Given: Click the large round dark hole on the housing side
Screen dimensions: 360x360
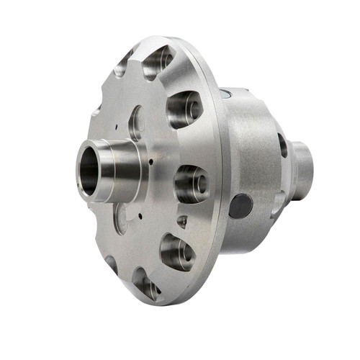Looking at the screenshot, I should point(240,207).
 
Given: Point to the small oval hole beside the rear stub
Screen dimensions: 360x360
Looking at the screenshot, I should point(283,145).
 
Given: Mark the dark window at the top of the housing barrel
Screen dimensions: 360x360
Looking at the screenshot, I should point(226,93).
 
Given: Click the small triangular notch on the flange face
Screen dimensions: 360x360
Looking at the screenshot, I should point(182,222).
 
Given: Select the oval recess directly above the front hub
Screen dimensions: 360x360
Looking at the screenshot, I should point(136,122).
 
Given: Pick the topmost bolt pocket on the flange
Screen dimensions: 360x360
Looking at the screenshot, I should point(159,62).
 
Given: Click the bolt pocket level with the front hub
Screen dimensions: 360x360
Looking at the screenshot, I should point(190,182).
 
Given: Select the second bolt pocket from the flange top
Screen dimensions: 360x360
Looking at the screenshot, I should point(184,109).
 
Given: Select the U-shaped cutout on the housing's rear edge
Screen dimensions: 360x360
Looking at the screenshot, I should point(276,206).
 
